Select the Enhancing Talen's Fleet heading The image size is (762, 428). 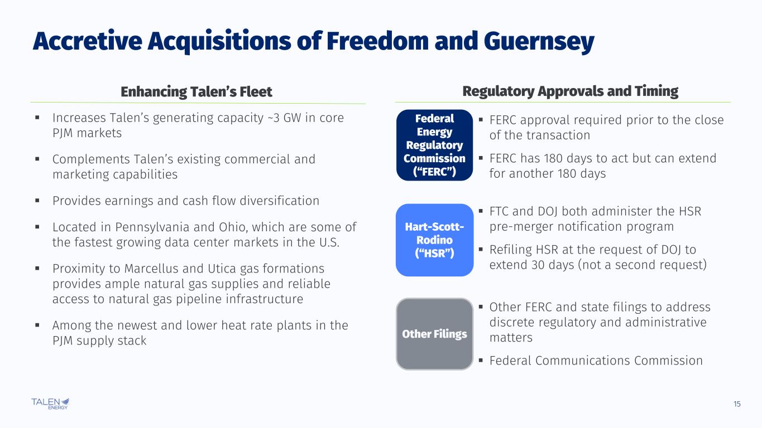tap(197, 92)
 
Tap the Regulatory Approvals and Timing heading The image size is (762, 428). tap(570, 91)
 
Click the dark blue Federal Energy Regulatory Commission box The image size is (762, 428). tap(434, 145)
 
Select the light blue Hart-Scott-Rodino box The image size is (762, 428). tap(434, 240)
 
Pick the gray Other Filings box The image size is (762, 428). tap(434, 334)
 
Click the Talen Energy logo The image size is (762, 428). tap(50, 403)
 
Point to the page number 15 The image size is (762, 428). tap(737, 404)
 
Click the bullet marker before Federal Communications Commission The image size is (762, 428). tap(481, 360)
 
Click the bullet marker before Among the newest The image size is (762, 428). tap(37, 325)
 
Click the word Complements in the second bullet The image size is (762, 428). tap(91, 159)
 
